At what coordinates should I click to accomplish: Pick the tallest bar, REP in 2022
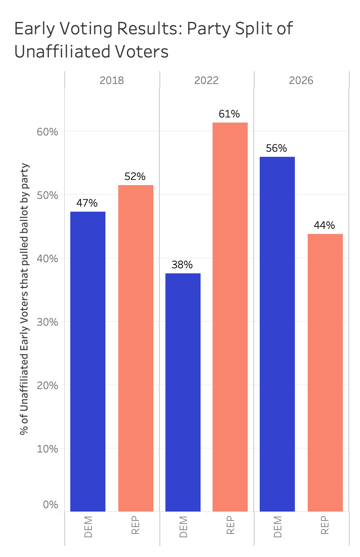pyautogui.click(x=230, y=317)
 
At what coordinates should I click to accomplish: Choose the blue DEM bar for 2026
pyautogui.click(x=277, y=334)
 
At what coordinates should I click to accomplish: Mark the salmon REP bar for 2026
pyautogui.click(x=325, y=372)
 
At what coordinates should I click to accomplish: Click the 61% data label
pyautogui.click(x=229, y=114)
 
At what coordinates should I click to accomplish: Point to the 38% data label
pyautogui.click(x=182, y=265)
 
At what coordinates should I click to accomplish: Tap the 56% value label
pyautogui.click(x=276, y=148)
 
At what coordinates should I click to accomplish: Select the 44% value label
pyautogui.click(x=324, y=225)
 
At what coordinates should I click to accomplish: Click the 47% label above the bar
pyautogui.click(x=87, y=203)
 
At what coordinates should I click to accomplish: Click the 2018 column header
pyautogui.click(x=111, y=80)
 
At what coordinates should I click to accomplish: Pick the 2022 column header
pyautogui.click(x=207, y=80)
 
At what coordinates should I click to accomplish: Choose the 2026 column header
pyautogui.click(x=301, y=80)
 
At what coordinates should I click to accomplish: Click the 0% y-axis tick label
pyautogui.click(x=50, y=505)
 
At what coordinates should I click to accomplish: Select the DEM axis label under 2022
pyautogui.click(x=183, y=527)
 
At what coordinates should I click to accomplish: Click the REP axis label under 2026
pyautogui.click(x=325, y=525)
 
